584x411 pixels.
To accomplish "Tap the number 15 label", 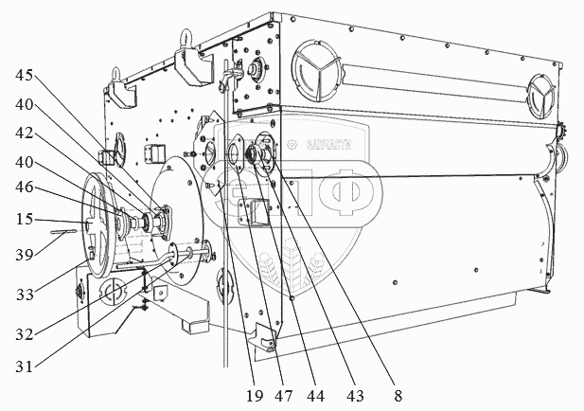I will tap(25, 219).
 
